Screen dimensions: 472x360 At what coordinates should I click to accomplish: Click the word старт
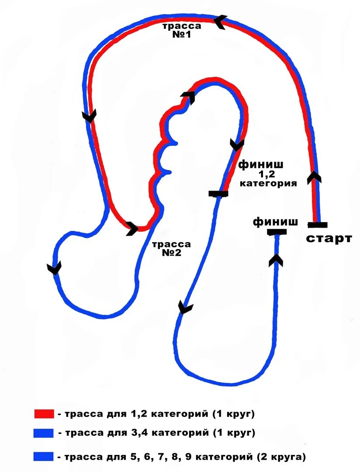tap(329, 239)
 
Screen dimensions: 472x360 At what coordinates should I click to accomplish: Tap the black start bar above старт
tap(318, 225)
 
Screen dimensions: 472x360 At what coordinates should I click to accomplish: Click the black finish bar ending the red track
tap(218, 194)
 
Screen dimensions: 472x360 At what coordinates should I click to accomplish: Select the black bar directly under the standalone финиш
tap(277, 232)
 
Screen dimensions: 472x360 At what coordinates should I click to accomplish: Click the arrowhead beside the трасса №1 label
tap(221, 21)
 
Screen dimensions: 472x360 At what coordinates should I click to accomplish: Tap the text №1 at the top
tap(181, 35)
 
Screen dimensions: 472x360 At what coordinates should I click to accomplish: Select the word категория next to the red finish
tap(268, 183)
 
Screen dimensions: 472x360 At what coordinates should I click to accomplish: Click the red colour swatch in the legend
tap(44, 413)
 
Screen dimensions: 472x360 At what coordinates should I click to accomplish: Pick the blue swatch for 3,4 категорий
tap(44, 433)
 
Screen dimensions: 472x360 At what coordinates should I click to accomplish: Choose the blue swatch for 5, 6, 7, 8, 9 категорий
tap(44, 457)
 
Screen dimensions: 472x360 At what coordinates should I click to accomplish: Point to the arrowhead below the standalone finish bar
tap(276, 260)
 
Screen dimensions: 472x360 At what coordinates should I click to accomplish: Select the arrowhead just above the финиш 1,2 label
tap(237, 145)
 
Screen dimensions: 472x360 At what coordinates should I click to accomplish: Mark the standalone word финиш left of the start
tap(276, 222)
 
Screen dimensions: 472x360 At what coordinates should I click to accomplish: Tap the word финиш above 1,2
tap(261, 165)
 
